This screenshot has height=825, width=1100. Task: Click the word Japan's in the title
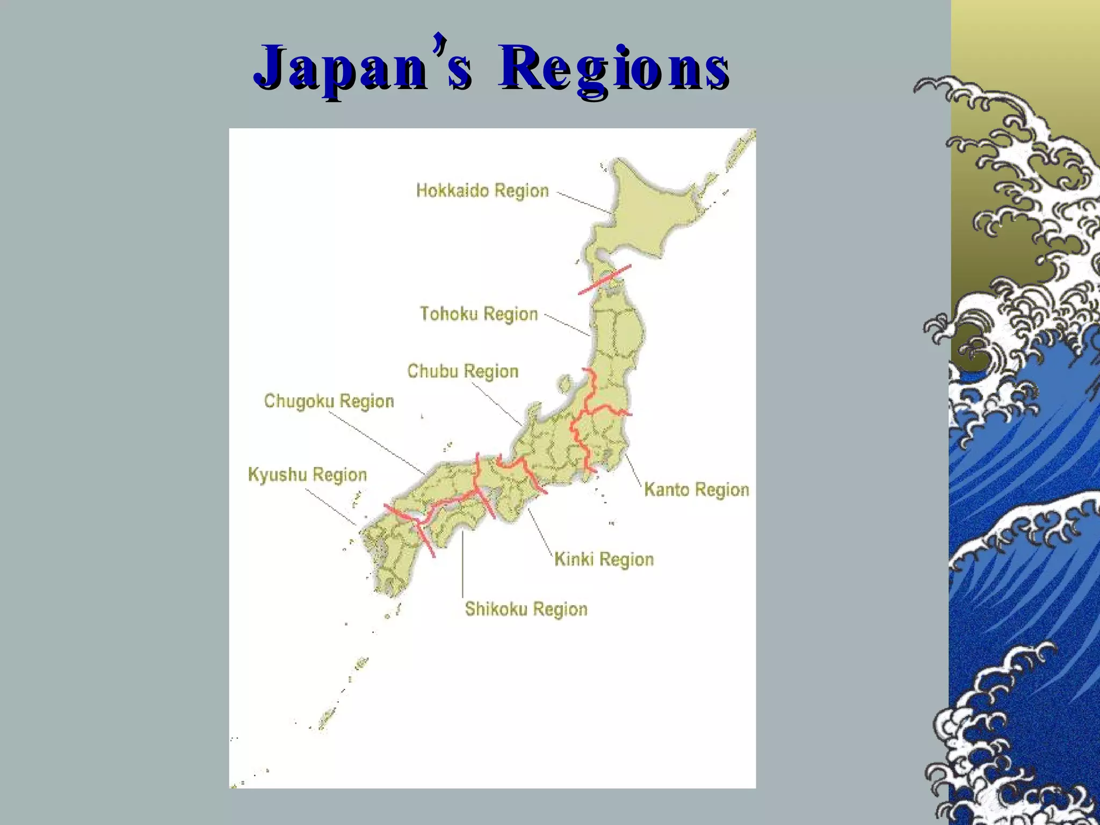tap(363, 68)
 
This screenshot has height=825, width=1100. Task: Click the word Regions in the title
tap(613, 68)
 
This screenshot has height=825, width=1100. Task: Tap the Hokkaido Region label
tap(482, 191)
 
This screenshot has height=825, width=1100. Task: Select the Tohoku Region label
tap(479, 314)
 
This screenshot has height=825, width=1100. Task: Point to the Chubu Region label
tap(462, 371)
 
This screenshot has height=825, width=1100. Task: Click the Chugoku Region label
tap(329, 401)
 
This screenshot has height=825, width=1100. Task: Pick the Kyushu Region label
tap(307, 475)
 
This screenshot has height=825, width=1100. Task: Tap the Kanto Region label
tap(696, 490)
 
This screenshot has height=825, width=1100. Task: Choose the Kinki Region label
tap(604, 559)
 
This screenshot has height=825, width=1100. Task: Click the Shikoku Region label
tap(526, 609)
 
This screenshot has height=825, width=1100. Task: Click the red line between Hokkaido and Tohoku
tap(605, 279)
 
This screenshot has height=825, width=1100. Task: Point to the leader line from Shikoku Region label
tap(462, 564)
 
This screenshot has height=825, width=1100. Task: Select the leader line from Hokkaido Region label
tap(585, 203)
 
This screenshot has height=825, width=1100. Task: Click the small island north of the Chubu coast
tap(565, 383)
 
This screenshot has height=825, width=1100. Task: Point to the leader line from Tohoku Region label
tap(568, 324)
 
